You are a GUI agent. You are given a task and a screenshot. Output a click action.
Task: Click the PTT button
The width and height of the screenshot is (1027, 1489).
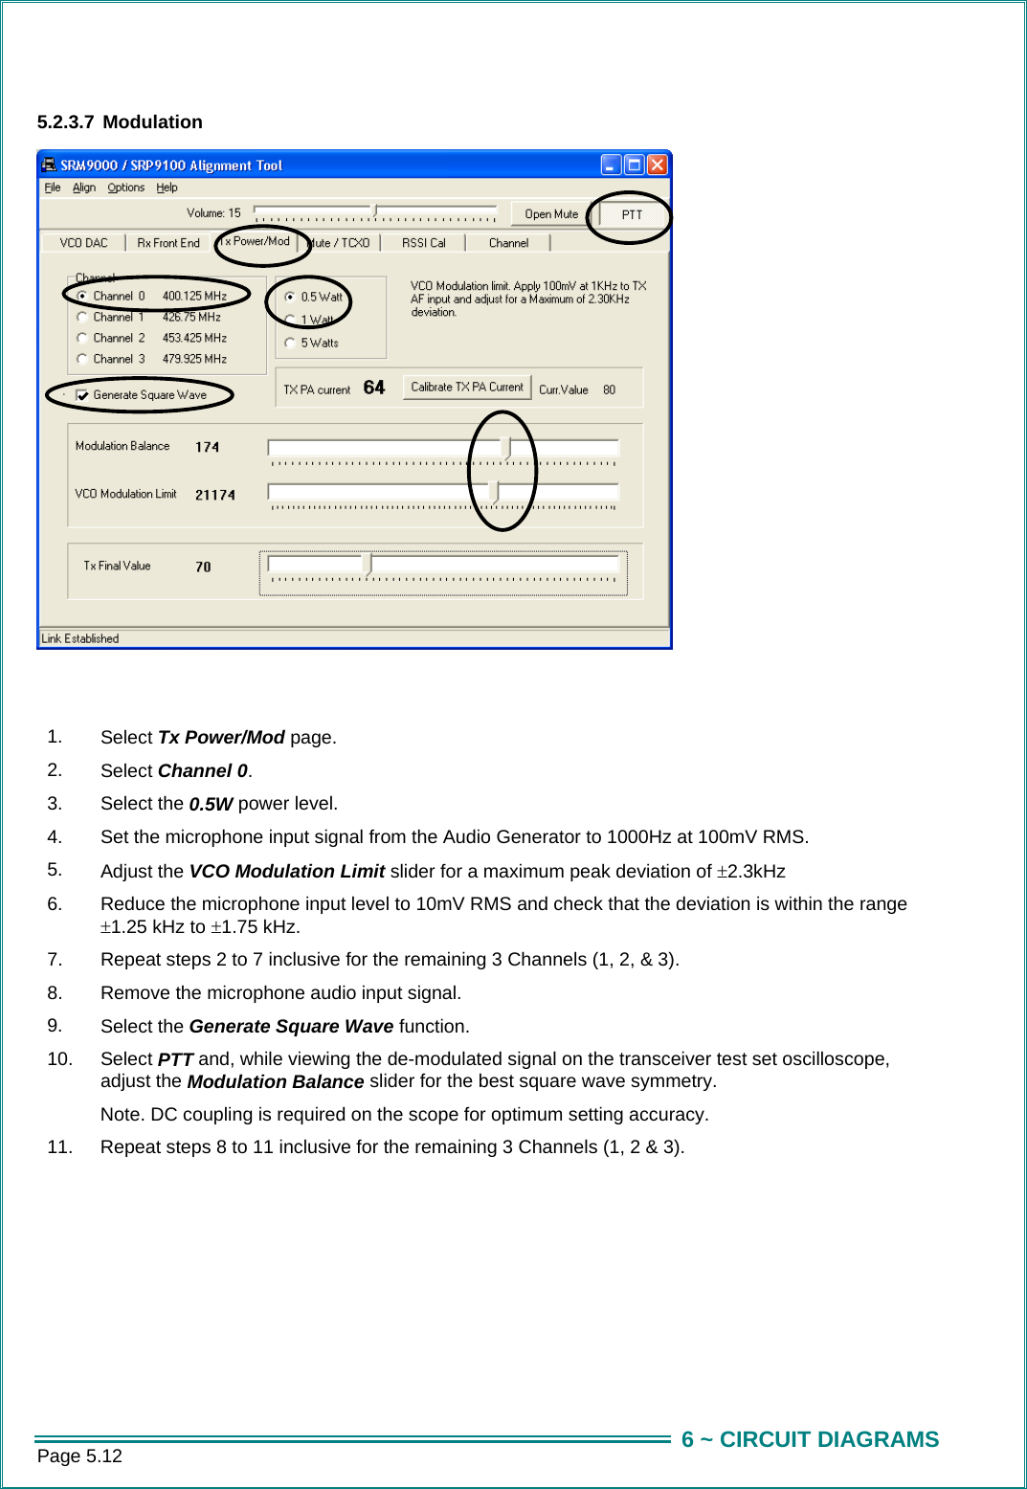(631, 214)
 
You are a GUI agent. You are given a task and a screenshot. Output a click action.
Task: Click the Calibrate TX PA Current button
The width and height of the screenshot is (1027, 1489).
(467, 388)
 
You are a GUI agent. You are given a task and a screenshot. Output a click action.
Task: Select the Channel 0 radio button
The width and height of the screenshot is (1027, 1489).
(83, 297)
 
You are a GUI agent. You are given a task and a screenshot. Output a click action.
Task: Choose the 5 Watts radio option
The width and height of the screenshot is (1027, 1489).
(290, 343)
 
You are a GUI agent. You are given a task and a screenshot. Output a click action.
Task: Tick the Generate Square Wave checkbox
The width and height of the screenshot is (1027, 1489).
(82, 395)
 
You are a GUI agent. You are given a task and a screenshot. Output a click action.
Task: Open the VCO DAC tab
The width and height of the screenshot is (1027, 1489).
(83, 243)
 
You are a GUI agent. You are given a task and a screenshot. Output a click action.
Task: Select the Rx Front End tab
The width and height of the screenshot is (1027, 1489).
(168, 243)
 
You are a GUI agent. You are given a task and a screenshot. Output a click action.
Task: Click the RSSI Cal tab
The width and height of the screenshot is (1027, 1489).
(423, 243)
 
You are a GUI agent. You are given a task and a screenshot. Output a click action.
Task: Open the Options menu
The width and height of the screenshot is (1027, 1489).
(125, 188)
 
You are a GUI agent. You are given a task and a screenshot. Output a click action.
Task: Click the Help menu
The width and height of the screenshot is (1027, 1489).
(167, 188)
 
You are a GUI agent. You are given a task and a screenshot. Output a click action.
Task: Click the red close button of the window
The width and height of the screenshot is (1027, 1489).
(657, 165)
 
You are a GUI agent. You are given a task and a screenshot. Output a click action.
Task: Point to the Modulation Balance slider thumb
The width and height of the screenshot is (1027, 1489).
(506, 448)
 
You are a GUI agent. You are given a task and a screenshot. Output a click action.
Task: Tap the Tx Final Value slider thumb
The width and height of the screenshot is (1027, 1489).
(368, 565)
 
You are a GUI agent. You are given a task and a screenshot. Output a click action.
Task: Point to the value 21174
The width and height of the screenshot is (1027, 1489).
(214, 495)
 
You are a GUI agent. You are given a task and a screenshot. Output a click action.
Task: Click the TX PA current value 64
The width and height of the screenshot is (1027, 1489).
(373, 388)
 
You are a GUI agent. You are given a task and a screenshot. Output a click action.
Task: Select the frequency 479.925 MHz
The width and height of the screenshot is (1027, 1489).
(194, 359)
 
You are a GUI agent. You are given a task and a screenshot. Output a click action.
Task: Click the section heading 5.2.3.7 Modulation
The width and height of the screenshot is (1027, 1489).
(120, 122)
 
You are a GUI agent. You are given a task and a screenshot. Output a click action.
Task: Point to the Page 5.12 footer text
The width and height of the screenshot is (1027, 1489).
(79, 1456)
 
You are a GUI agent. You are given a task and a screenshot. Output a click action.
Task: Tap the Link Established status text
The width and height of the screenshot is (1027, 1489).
(80, 638)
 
